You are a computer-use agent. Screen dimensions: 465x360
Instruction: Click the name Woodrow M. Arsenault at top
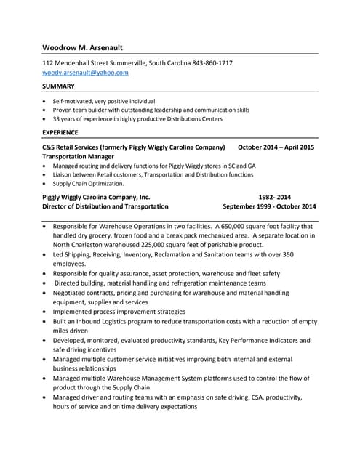(x=82, y=47)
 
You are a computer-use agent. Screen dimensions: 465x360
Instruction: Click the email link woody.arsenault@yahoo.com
(x=85, y=73)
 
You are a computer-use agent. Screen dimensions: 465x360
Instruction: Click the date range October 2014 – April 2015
(x=276, y=147)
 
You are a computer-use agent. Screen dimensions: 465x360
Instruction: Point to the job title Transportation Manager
(x=79, y=156)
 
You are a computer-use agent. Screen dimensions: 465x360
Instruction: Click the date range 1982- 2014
(x=274, y=197)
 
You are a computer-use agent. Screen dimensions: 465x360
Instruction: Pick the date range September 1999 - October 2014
(x=269, y=206)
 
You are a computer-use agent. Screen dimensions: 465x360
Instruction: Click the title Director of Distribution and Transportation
(x=105, y=206)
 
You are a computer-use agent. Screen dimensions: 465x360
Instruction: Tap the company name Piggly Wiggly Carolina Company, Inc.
(x=96, y=197)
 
